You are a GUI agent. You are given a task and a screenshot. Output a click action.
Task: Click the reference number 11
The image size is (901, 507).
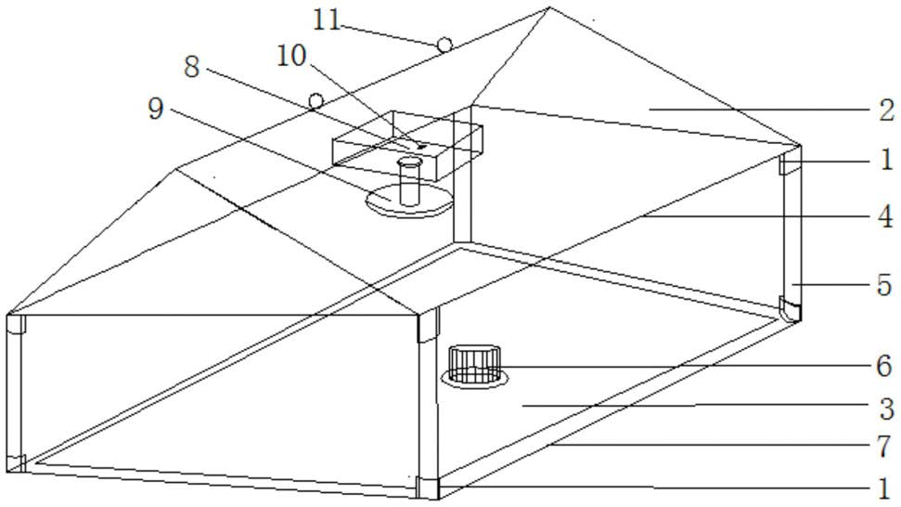pos(326,19)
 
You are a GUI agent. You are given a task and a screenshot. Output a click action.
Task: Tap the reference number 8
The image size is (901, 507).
pos(191,67)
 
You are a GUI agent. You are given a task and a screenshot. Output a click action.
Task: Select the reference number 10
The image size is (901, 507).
pos(290,56)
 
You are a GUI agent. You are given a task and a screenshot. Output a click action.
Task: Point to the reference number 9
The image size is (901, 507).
pos(155,109)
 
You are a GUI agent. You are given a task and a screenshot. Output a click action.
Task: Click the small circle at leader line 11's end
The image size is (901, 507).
pos(444,44)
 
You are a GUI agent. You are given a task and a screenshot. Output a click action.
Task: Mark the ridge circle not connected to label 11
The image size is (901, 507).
pos(315,99)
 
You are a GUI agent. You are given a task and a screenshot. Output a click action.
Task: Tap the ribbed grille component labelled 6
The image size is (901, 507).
pos(474,363)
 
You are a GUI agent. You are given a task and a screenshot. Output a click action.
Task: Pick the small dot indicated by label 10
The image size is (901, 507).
pos(421,146)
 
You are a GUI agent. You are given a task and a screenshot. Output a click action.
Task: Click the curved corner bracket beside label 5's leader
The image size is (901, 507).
pos(789,310)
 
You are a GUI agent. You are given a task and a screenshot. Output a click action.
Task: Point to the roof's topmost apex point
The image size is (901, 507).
pos(549,8)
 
